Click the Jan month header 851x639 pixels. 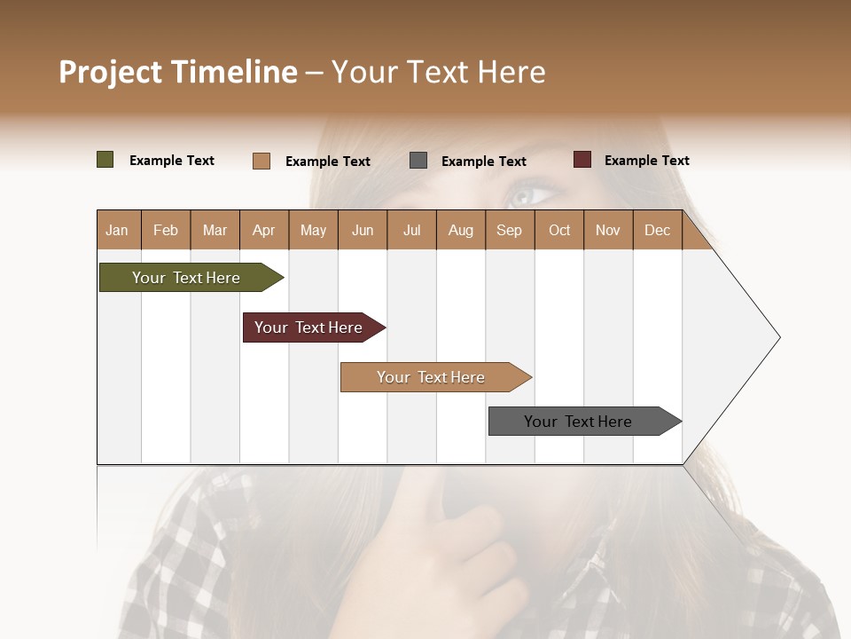118,230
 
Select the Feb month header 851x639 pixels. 166,230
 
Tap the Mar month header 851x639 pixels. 215,230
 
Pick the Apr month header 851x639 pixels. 264,230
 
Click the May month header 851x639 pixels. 313,230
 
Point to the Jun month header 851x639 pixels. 363,230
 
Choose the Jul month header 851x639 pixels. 411,230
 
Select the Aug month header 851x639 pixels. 461,230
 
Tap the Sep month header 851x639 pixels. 510,230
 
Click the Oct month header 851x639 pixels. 559,230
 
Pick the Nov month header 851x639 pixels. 608,230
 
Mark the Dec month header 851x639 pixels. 658,230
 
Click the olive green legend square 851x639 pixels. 105,160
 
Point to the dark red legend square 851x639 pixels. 582,160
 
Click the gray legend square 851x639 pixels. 418,161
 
